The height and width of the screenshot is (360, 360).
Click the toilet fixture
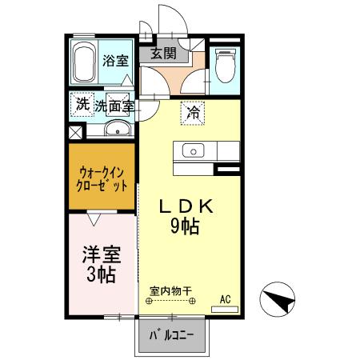(223, 65)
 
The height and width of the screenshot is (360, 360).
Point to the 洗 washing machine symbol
(82, 103)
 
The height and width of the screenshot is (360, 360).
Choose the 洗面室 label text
(114, 105)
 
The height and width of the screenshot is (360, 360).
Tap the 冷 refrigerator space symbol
(193, 114)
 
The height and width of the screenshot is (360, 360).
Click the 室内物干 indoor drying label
(170, 293)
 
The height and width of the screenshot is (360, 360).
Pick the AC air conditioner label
(225, 299)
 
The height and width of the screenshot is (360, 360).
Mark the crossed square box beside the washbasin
(76, 133)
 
